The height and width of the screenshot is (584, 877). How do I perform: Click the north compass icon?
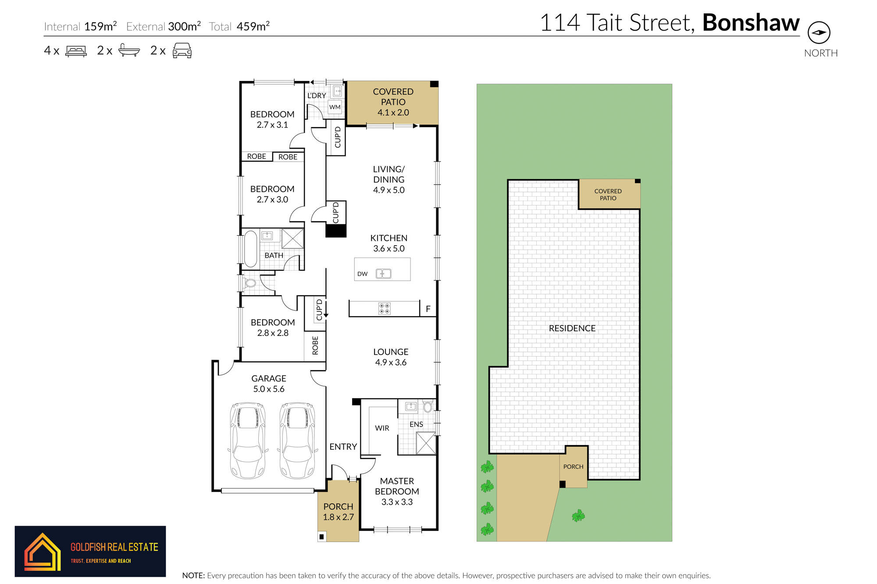pos(819,32)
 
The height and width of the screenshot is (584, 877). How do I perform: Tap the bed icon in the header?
pos(76,51)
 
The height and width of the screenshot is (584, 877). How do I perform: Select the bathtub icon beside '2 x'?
pos(129,50)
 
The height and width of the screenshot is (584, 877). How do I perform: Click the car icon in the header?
pos(182,50)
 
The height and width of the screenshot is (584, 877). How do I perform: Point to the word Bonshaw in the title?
pos(751,22)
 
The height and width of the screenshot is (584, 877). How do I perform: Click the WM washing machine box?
pos(335,107)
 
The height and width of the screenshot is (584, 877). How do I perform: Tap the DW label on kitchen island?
pos(362,274)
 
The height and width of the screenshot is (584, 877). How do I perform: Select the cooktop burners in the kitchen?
pos(384,308)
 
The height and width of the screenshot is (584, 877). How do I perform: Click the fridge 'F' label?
pos(428,309)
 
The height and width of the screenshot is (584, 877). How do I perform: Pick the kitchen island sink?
pos(383,274)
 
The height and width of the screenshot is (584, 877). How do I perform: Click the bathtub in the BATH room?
pos(250,248)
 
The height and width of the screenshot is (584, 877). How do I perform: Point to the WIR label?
pos(382,428)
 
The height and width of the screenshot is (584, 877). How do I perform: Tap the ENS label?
pos(416,424)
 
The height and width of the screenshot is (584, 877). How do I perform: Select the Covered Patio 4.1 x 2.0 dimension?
pos(393,113)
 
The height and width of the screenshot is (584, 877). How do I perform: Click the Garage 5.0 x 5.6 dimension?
pos(268,389)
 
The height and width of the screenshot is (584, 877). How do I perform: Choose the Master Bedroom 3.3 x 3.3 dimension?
pos(397,502)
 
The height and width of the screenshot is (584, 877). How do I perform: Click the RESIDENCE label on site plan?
pos(572,328)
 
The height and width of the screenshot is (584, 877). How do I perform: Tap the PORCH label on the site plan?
pos(573,467)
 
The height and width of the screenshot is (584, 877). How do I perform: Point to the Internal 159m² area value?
pos(100,26)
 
